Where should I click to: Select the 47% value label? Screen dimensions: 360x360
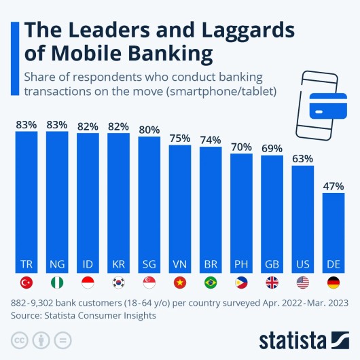click(x=334, y=185)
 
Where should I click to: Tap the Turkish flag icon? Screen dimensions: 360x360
click(x=26, y=283)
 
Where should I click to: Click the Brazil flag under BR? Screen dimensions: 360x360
click(x=211, y=283)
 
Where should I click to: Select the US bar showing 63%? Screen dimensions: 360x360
click(x=303, y=217)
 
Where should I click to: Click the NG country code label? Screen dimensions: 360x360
click(x=57, y=264)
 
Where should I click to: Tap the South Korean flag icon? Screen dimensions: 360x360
click(x=119, y=283)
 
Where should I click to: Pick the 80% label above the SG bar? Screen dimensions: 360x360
click(x=149, y=128)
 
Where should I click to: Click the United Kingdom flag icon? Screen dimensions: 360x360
click(x=272, y=283)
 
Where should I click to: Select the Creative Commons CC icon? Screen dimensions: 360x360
click(x=19, y=339)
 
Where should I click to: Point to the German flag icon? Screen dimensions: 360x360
click(x=334, y=283)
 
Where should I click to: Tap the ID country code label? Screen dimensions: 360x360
click(x=88, y=264)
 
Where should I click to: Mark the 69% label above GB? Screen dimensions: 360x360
click(x=272, y=147)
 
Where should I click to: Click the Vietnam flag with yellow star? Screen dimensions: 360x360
click(x=180, y=283)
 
